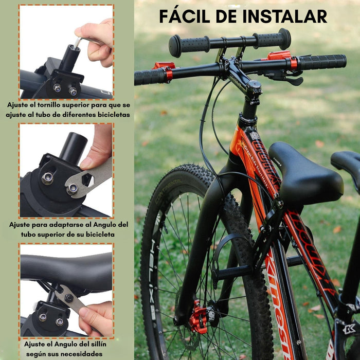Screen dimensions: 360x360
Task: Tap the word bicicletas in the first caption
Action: click(109, 114)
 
